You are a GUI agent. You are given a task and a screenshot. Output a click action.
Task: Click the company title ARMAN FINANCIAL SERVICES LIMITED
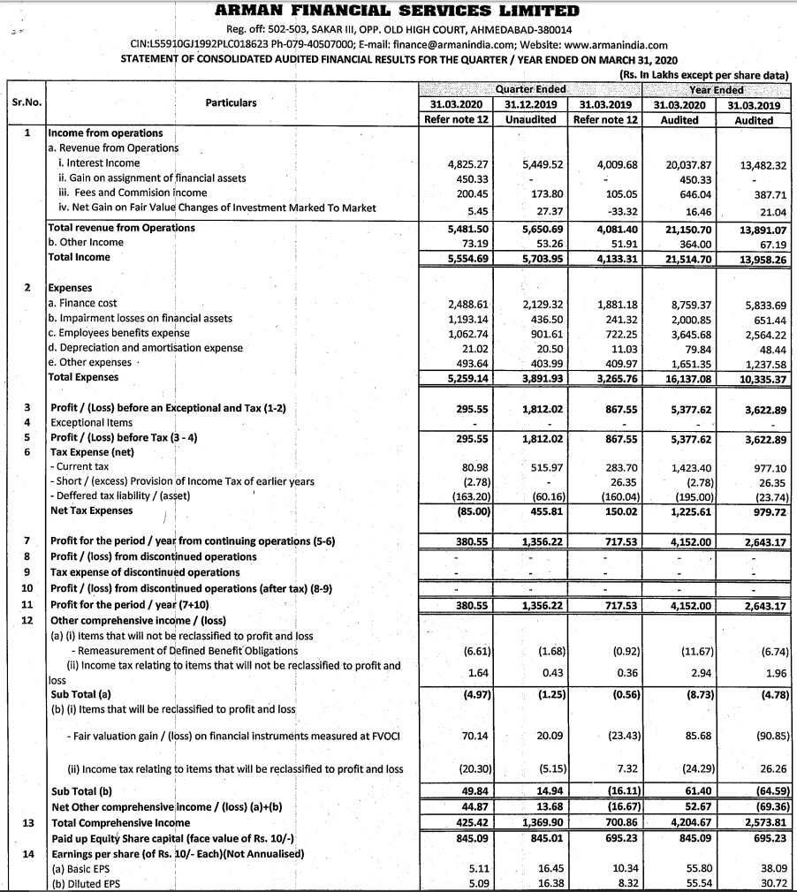(398, 11)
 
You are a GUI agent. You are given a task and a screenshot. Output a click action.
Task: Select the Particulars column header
(231, 103)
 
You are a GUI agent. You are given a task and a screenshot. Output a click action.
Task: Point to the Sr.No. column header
(23, 103)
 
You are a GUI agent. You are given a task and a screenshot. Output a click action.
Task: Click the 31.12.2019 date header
(530, 104)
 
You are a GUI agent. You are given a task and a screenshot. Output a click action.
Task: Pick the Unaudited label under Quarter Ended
(530, 119)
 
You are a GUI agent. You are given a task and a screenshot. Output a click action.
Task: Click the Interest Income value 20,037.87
(691, 163)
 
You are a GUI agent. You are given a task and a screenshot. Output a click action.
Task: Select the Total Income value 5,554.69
(468, 258)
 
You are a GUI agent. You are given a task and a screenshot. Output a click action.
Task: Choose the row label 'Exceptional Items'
(93, 424)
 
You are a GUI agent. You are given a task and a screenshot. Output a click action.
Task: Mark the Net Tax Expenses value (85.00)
(474, 510)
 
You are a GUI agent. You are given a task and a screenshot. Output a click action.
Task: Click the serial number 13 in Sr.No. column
(27, 823)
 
